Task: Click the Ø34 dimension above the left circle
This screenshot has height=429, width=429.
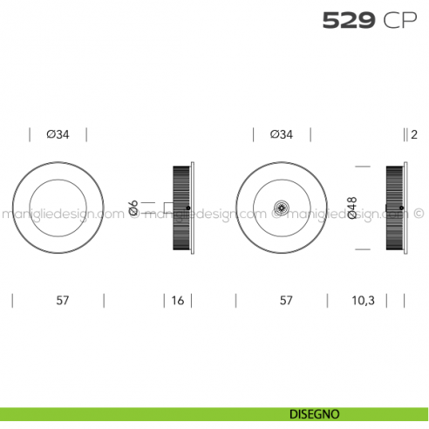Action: (x=58, y=134)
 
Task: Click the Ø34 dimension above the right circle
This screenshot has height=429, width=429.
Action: (x=282, y=134)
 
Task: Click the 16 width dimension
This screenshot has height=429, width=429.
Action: (x=178, y=301)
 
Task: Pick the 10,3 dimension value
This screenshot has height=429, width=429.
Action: (x=364, y=301)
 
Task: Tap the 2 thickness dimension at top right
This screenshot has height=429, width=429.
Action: (x=414, y=134)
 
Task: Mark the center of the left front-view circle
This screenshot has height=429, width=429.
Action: (x=58, y=208)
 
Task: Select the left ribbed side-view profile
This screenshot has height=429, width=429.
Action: (x=181, y=208)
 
